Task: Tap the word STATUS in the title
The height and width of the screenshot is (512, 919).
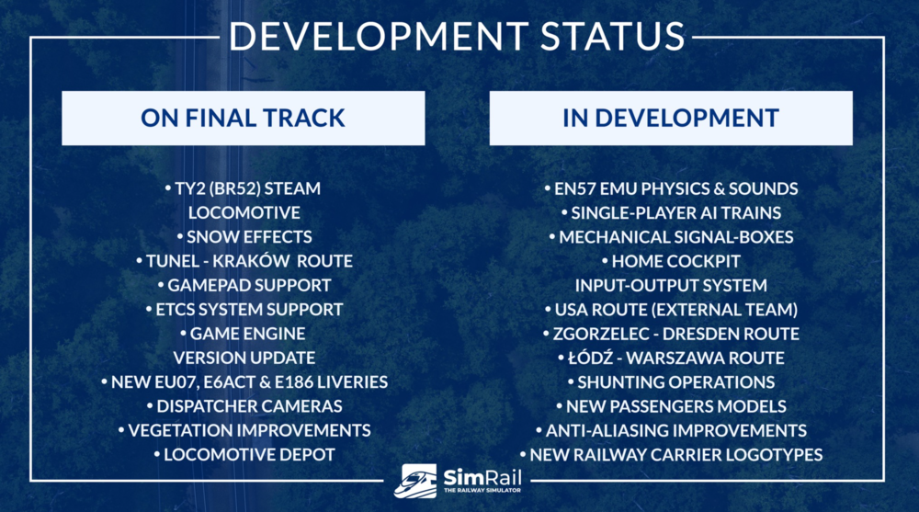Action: tap(612, 36)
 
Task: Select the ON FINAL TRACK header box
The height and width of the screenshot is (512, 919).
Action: tap(244, 118)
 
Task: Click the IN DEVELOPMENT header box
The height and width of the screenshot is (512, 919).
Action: tap(671, 118)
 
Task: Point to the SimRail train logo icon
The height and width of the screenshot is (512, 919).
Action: tap(415, 482)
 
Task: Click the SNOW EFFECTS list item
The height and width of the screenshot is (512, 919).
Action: tap(244, 237)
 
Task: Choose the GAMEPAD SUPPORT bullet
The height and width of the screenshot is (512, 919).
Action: tap(244, 286)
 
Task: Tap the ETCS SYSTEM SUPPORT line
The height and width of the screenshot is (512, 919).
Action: tap(244, 310)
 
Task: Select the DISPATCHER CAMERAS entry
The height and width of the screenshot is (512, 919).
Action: tap(244, 406)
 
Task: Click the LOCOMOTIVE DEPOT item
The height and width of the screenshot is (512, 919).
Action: tap(244, 454)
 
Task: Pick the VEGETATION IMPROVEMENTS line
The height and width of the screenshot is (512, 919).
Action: tap(244, 430)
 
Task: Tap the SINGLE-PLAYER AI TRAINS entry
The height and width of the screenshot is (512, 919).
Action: tap(671, 213)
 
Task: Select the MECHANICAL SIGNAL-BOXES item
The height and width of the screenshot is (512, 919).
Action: tap(671, 237)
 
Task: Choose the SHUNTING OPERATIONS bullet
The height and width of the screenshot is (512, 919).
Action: tap(671, 382)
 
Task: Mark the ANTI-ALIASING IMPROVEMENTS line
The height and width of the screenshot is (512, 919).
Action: tap(671, 430)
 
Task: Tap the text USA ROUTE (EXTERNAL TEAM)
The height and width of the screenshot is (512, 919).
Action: tap(671, 310)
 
